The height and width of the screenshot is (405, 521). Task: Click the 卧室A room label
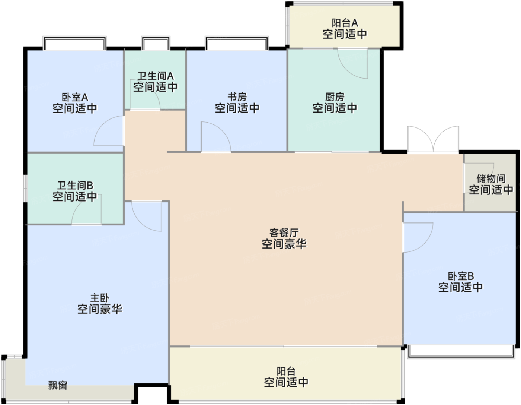tap(75, 97)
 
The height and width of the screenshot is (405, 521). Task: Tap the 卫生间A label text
tap(155, 76)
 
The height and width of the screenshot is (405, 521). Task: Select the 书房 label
tap(237, 97)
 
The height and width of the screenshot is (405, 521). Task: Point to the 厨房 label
tap(335, 97)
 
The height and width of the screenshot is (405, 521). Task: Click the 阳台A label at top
tap(345, 23)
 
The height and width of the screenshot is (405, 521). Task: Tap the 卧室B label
tap(461, 276)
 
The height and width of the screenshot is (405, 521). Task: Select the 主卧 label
tap(99, 298)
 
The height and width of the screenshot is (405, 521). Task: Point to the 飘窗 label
tap(58, 386)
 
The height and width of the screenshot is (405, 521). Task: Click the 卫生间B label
tap(75, 186)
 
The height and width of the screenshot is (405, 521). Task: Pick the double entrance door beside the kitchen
tap(433, 139)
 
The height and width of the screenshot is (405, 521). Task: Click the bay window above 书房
tap(237, 43)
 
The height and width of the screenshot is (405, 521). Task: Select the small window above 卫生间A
tap(156, 43)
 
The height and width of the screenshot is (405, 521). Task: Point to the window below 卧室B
tap(461, 352)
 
